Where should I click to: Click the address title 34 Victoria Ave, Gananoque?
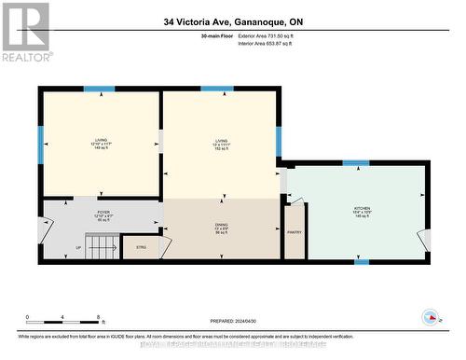coord(232,21)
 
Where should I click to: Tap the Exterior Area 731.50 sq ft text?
coord(271,35)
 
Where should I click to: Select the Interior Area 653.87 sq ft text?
coord(271,43)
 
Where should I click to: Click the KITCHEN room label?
coord(362,211)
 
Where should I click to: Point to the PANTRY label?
coord(295,232)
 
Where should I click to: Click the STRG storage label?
coord(142,247)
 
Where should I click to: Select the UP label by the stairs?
coord(78,248)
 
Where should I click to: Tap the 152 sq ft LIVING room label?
coord(221,144)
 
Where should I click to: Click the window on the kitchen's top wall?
coord(355,163)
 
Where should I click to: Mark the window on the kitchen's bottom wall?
coord(361,261)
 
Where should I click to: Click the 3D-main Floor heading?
coord(215,35)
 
